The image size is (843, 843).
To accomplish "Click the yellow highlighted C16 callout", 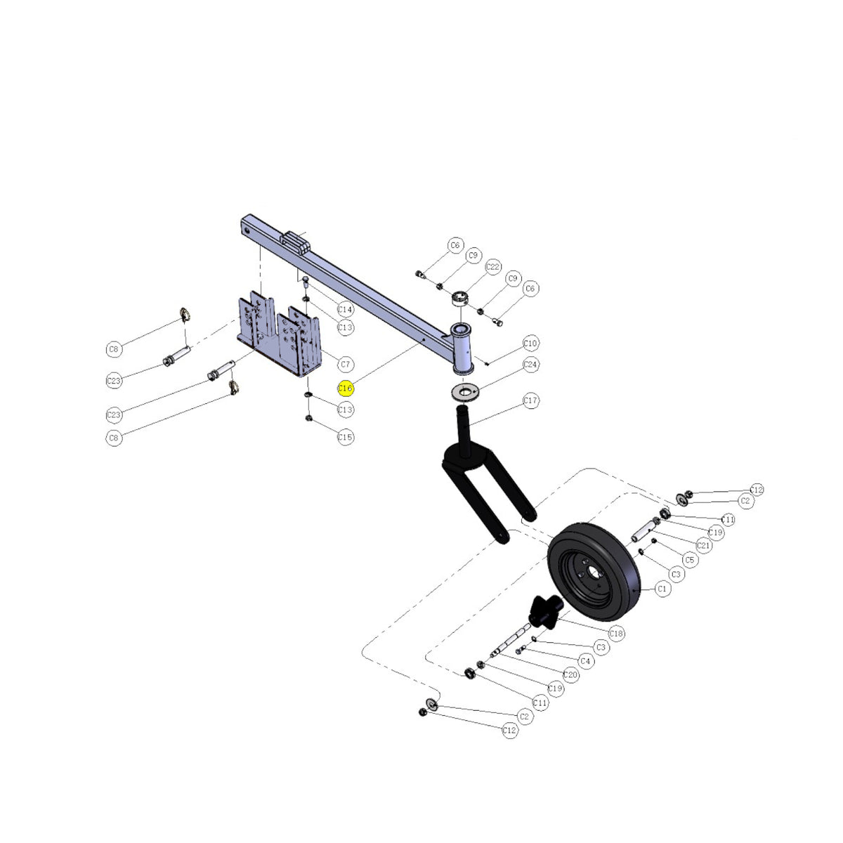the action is tap(345, 388).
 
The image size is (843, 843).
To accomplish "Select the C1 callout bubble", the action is tap(662, 589).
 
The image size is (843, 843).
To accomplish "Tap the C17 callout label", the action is tap(530, 400).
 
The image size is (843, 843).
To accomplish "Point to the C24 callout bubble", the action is tap(530, 364).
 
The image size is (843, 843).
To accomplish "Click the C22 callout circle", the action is tap(493, 267).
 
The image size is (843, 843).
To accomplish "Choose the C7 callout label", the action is tap(345, 364).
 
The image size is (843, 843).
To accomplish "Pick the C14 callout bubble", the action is tap(345, 309).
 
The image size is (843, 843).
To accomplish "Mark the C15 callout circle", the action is tap(345, 436).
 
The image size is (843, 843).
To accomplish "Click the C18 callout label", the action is tap(616, 634).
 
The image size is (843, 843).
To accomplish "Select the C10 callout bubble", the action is tap(530, 343).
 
